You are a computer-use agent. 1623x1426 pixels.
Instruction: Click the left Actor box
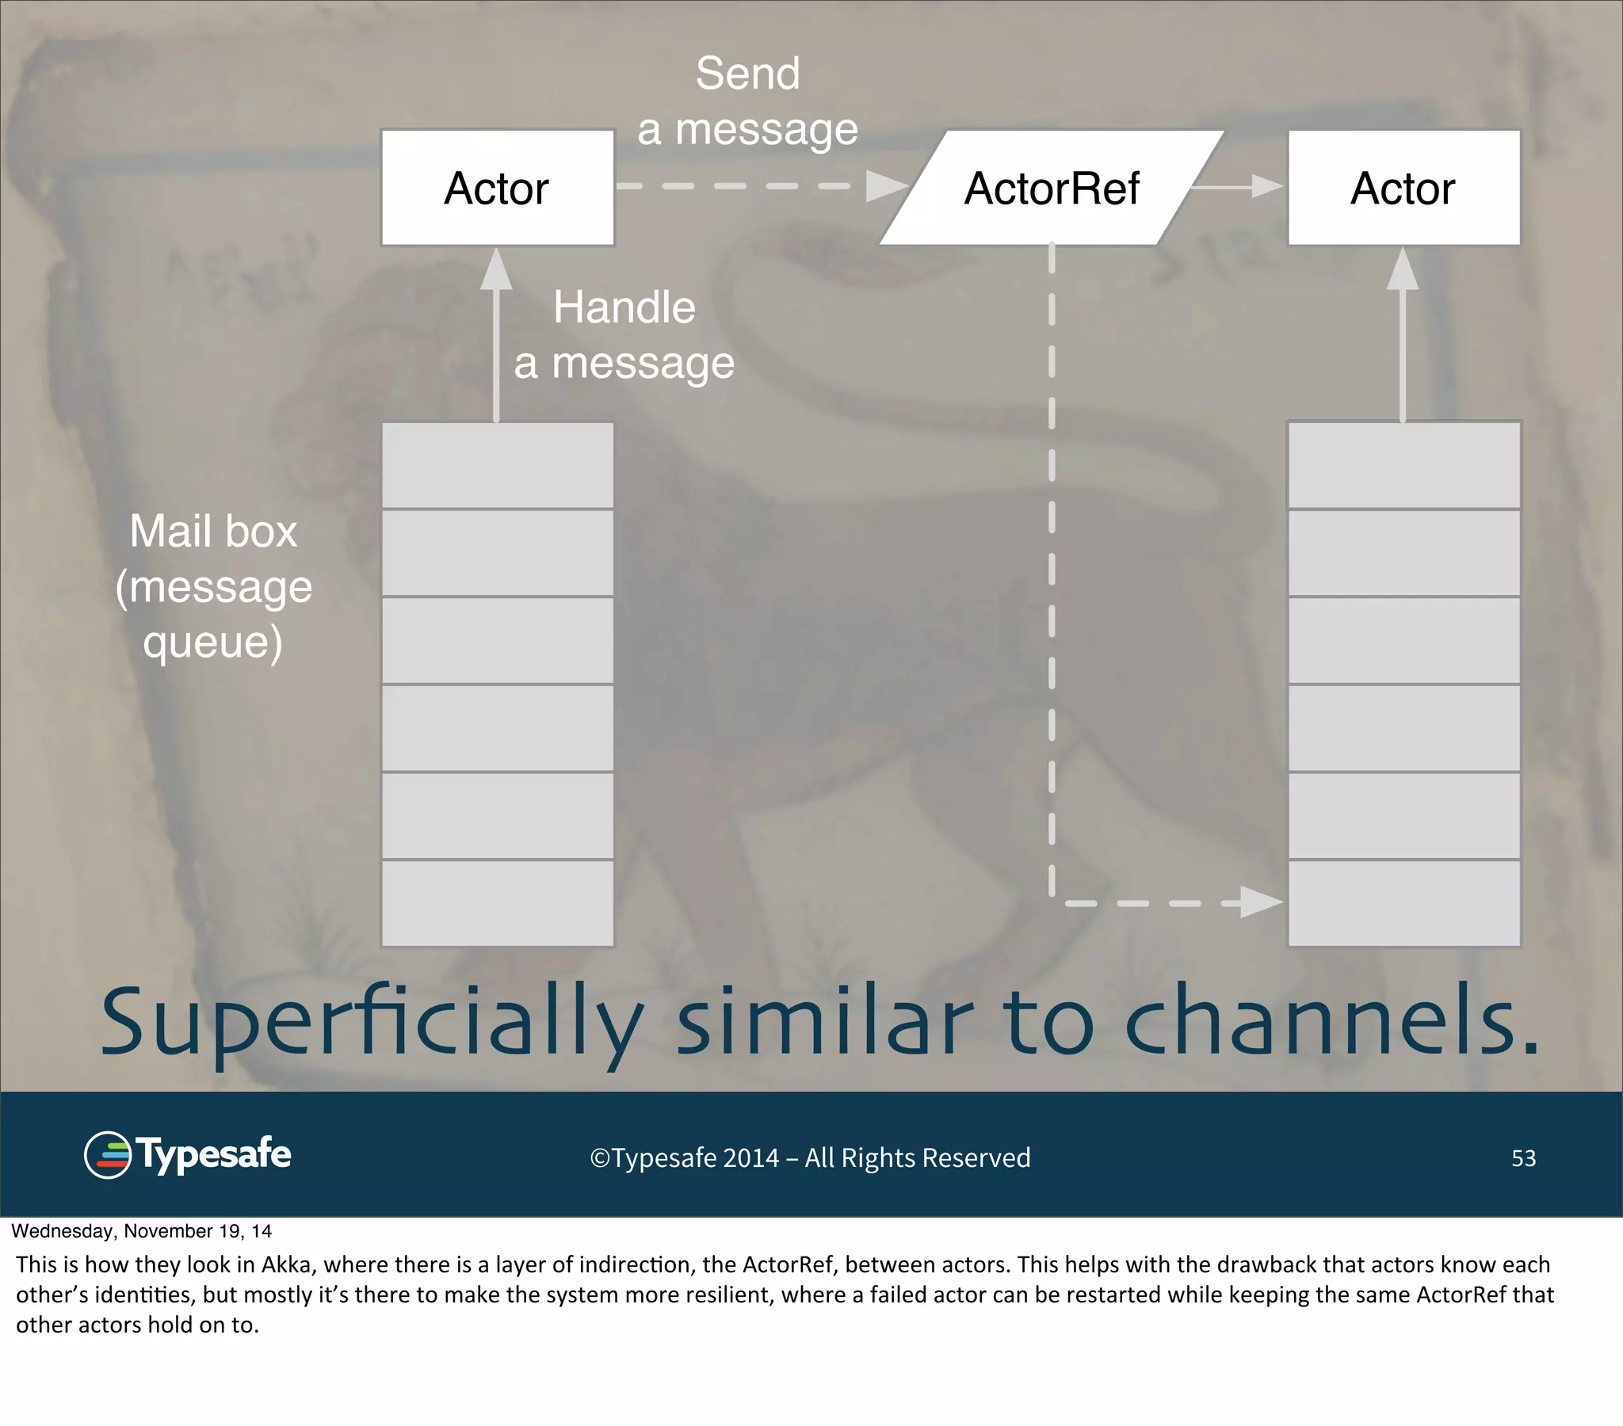[497, 189]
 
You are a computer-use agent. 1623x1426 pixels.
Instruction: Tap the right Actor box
[1403, 189]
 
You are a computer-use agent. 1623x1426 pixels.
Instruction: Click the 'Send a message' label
[747, 101]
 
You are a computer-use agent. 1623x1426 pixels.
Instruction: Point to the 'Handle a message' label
[624, 335]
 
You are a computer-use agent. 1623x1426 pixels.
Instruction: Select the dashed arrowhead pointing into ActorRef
[885, 187]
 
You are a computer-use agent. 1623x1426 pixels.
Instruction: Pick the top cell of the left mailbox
[497, 465]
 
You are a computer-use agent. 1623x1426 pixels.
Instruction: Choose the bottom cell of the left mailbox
[497, 903]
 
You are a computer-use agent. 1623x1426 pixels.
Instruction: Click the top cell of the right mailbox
[1403, 465]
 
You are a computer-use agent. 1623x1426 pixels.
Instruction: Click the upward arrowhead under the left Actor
[496, 270]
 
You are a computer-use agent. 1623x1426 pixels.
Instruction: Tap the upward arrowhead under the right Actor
[1402, 270]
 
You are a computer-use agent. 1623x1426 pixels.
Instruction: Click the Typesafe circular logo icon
[107, 1155]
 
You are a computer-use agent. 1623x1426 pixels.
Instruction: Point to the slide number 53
[1522, 1158]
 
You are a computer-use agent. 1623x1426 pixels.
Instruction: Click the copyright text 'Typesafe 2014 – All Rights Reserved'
[810, 1158]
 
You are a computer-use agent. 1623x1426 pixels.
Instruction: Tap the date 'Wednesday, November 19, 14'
[141, 1231]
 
